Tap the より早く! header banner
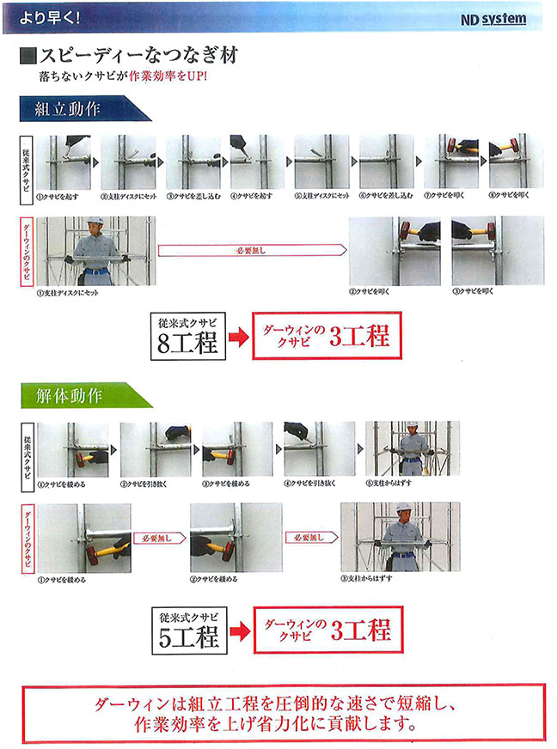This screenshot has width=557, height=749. [51, 15]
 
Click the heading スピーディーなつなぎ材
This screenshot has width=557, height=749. [138, 57]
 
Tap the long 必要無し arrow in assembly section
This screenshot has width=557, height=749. [251, 250]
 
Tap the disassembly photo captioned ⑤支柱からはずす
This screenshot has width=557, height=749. [412, 448]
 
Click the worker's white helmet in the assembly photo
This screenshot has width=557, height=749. [97, 224]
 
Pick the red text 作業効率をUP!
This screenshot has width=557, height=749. [164, 76]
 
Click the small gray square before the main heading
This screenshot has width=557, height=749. [26, 57]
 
